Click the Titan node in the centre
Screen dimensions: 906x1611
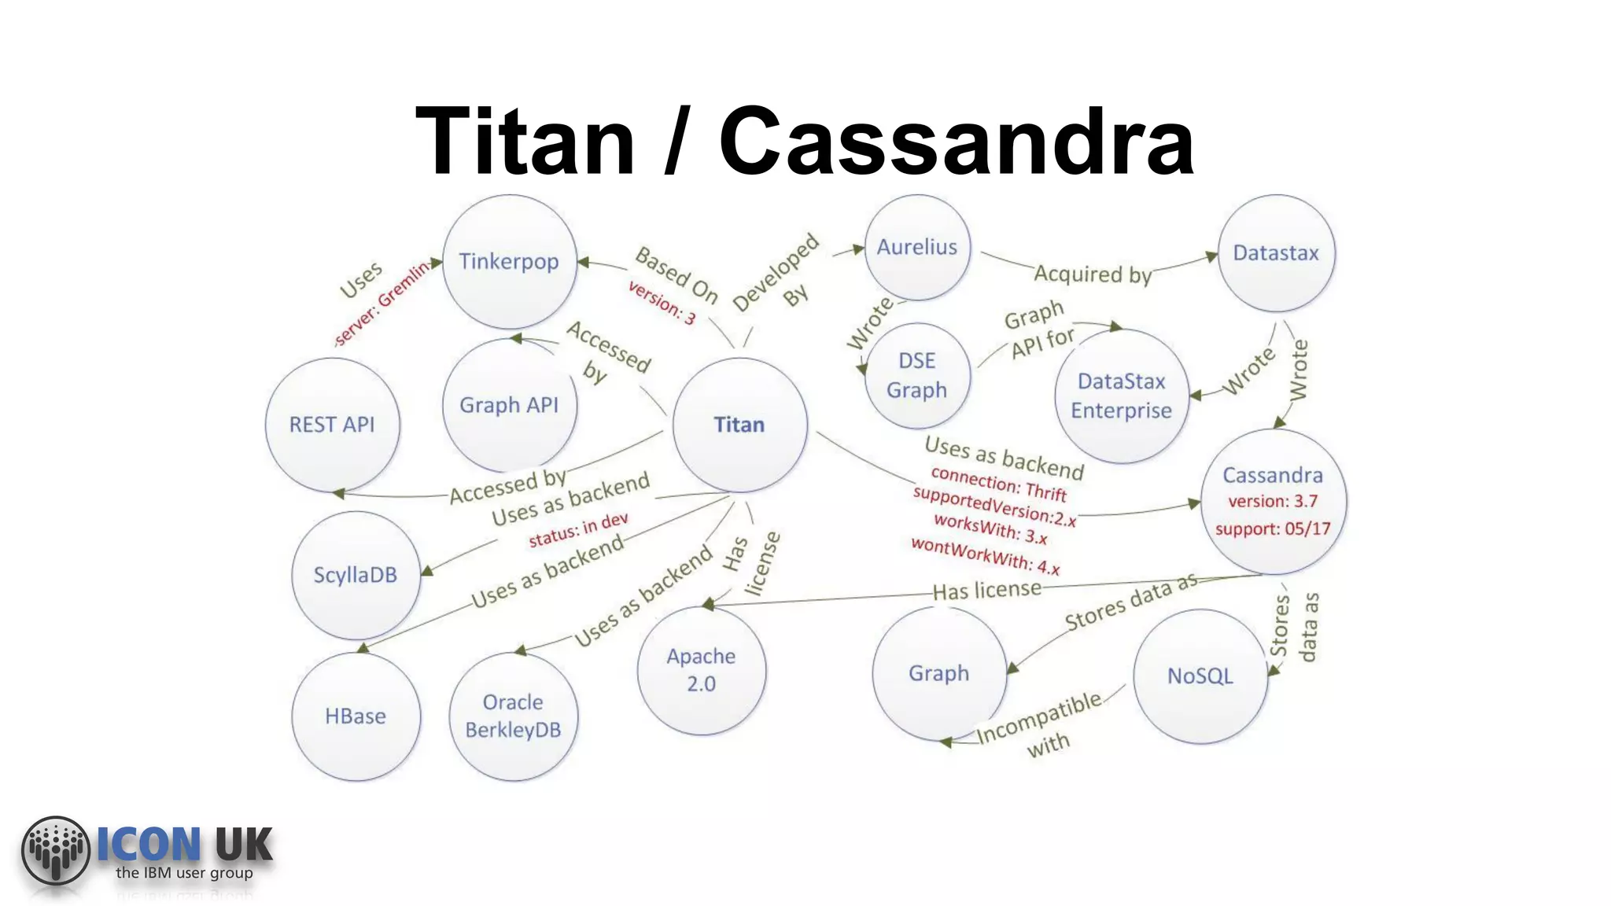coord(739,425)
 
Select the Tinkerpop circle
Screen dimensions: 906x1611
coord(509,261)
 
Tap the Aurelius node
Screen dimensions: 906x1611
coord(917,247)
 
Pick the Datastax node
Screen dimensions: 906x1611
coord(1276,252)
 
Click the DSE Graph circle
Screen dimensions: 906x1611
coord(917,375)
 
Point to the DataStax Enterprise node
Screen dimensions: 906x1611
coord(1121,396)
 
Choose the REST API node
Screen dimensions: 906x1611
coord(332,425)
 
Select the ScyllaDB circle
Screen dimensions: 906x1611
coord(356,575)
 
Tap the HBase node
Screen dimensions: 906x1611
coord(356,716)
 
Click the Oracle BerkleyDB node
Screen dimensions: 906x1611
coord(513,716)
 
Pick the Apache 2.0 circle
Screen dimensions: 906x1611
coord(701,669)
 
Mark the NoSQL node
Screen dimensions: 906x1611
coord(1200,676)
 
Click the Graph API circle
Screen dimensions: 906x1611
coord(509,405)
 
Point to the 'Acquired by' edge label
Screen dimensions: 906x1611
coord(1093,274)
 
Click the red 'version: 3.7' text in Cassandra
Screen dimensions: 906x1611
coord(1273,501)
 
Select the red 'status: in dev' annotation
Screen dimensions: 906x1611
coord(578,529)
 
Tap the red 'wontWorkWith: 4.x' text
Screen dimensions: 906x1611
coord(986,555)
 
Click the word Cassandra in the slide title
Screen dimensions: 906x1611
coord(957,142)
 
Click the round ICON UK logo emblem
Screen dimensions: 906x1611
coord(56,849)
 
